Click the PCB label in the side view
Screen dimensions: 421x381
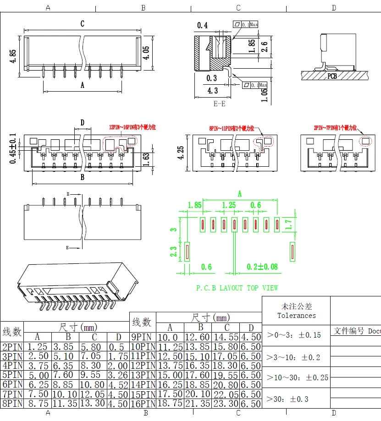point(332,76)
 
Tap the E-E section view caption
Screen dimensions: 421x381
point(220,104)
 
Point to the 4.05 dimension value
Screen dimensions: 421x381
point(146,53)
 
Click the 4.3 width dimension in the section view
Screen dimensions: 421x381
point(212,91)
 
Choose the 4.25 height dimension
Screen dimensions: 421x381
point(182,153)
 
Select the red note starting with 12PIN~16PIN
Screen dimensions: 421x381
point(132,128)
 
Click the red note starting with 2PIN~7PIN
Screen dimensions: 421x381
point(335,128)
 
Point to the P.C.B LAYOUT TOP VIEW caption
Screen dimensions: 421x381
point(237,288)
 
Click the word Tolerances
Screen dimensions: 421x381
point(296,315)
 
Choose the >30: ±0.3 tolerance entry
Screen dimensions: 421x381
point(288,399)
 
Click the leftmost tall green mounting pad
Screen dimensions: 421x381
point(187,252)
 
